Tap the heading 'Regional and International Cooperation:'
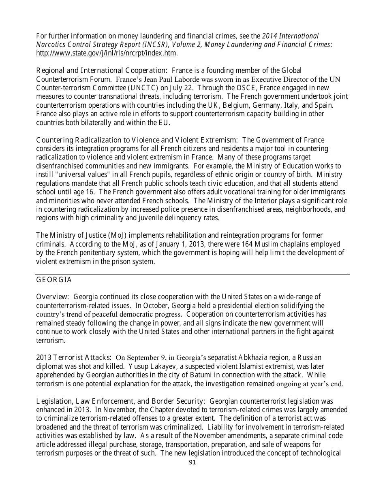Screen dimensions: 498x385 (102, 71)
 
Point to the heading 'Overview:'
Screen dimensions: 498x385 (53, 297)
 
